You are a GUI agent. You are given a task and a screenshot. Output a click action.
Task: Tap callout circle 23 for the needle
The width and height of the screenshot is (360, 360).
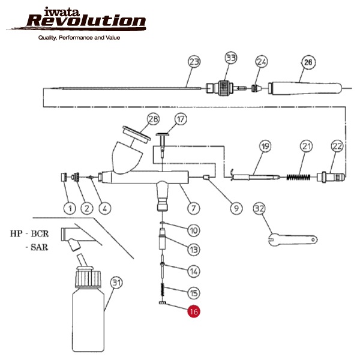pyautogui.click(x=194, y=62)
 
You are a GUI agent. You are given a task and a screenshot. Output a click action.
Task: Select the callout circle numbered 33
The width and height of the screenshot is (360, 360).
pyautogui.click(x=231, y=58)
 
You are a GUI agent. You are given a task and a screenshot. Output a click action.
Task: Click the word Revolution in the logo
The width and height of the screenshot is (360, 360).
pyautogui.click(x=86, y=22)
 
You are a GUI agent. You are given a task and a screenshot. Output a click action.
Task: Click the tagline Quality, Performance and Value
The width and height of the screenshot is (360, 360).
pyautogui.click(x=79, y=38)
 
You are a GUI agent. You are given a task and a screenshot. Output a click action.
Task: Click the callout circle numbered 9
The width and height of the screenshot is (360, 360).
pyautogui.click(x=236, y=208)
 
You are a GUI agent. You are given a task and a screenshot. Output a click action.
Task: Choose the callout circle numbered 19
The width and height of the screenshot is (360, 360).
pyautogui.click(x=265, y=146)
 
